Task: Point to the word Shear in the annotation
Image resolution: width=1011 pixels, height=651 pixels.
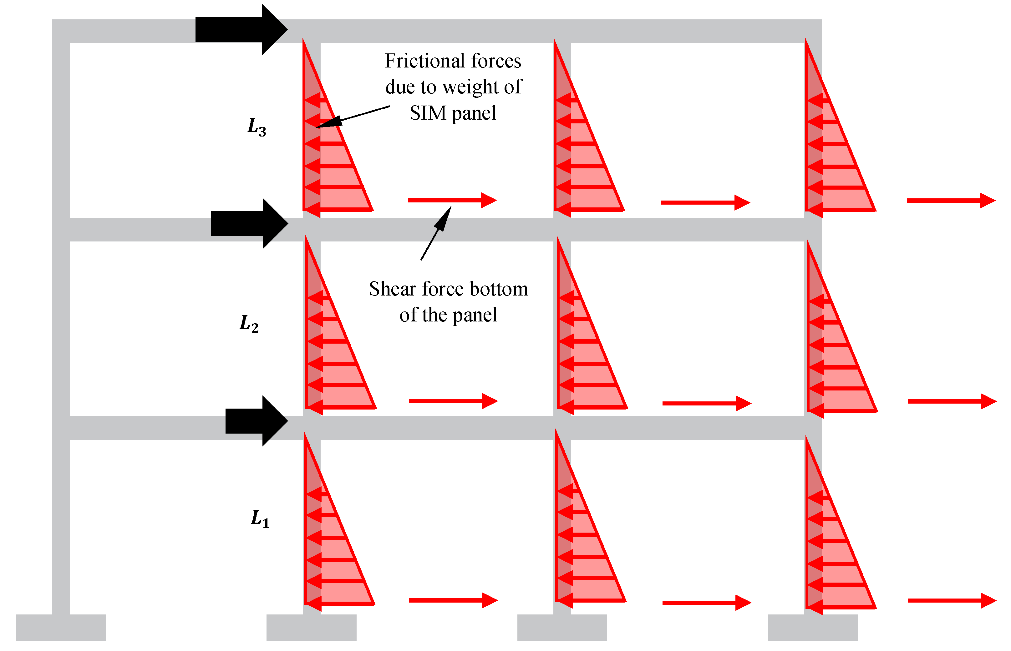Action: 392,289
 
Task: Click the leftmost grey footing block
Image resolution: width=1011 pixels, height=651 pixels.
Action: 61,627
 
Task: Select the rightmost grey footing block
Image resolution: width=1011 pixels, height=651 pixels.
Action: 813,627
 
